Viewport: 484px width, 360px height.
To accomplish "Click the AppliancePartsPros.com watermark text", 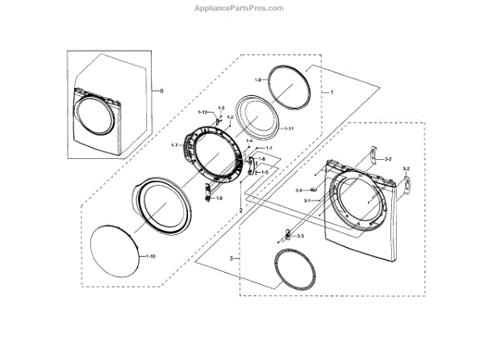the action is tap(241, 8).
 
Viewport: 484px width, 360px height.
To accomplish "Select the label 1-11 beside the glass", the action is tap(287, 129).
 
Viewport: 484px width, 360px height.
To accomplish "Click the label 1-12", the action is tap(204, 111).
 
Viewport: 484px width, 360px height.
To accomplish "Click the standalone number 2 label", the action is tap(240, 210).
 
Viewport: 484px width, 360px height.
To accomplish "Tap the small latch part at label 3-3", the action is tap(286, 235).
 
